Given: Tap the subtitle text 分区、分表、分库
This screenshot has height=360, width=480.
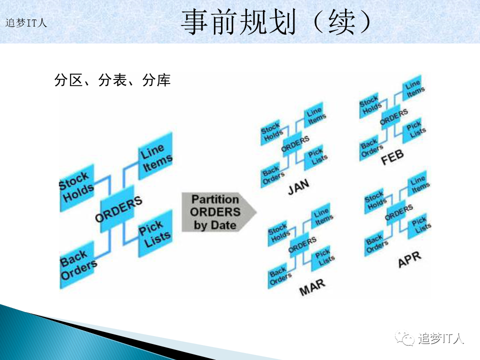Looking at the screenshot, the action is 112,80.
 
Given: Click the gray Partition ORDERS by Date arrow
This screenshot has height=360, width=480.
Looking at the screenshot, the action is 219,212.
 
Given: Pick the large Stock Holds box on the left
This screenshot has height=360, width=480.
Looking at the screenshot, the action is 77,188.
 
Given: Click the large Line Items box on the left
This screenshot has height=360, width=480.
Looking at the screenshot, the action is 155,156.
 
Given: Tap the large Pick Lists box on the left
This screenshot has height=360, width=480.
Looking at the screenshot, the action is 155,233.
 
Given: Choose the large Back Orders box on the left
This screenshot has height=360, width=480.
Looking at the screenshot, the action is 77,265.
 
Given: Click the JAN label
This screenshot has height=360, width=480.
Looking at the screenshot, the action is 298,187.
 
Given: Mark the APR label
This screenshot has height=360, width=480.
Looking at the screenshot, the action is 410,259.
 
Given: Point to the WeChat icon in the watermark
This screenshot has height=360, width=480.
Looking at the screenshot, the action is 404,338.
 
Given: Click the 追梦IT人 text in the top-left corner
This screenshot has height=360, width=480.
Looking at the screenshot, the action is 26,23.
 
